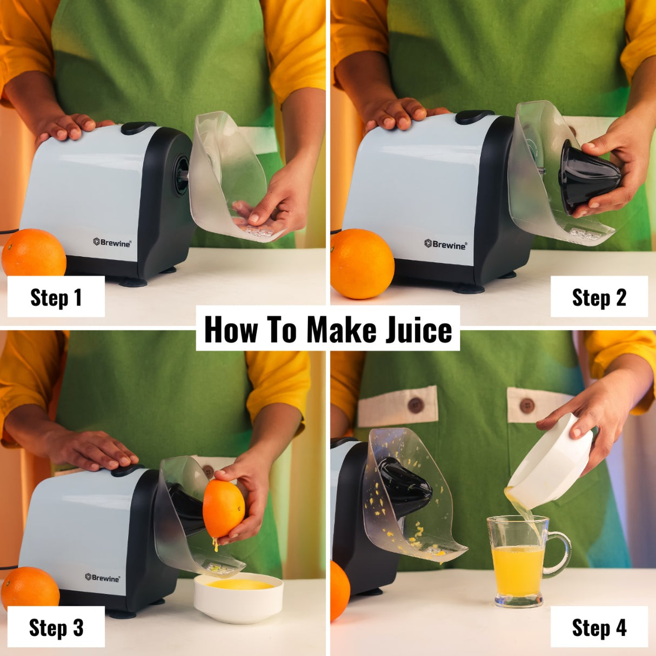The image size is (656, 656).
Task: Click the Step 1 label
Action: tap(56, 297)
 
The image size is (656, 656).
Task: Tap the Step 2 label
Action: tap(599, 297)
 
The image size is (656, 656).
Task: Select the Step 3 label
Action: tap(56, 627)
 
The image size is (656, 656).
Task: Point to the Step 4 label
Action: tap(599, 627)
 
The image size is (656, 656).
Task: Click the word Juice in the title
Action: tap(419, 329)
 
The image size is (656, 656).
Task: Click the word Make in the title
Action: tap(340, 329)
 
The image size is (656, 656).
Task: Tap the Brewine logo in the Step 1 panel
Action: tap(112, 243)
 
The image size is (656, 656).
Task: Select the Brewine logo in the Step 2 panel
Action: tap(445, 245)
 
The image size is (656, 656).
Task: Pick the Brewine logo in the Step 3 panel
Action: tap(102, 578)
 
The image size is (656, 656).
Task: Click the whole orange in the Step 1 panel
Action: tap(34, 253)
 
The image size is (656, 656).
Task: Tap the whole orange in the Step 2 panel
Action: tap(362, 264)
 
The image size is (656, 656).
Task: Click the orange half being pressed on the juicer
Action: tap(223, 509)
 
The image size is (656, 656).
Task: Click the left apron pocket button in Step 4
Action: tap(415, 405)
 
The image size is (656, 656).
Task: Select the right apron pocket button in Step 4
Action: tap(526, 405)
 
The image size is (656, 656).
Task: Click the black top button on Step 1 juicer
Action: tap(138, 128)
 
